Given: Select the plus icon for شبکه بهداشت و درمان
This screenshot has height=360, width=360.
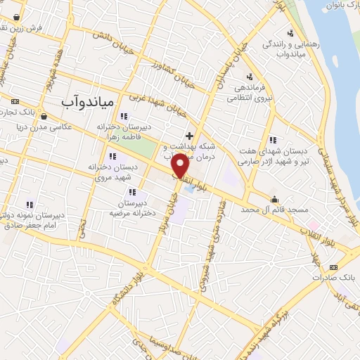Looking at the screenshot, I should pos(188,134).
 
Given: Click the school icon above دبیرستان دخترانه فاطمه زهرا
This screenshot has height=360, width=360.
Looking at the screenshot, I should pos(124,116).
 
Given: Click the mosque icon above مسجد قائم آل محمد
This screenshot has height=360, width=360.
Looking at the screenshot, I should pos(274,198).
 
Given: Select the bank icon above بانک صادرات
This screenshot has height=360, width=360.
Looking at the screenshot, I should pos(333,266).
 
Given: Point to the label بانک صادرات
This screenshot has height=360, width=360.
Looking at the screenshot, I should pos(336,278).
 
